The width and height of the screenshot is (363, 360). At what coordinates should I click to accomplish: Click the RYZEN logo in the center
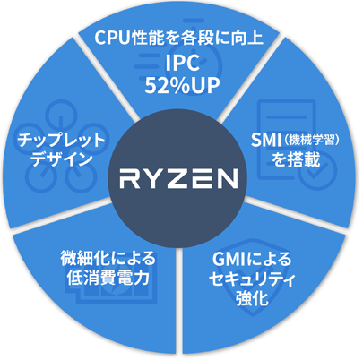178,179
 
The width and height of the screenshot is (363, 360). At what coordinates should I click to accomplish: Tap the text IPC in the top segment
182,63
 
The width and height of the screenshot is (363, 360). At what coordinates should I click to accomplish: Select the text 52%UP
182,85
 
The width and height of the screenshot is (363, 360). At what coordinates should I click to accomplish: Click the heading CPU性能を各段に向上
178,38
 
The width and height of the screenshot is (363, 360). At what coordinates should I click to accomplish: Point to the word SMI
265,140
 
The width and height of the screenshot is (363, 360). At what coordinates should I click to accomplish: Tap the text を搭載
296,159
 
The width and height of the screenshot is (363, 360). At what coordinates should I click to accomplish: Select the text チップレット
61,140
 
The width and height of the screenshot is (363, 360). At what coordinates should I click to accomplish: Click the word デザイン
61,159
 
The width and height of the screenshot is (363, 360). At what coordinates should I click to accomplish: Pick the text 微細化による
108,258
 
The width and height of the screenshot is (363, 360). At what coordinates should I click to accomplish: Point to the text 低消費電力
108,278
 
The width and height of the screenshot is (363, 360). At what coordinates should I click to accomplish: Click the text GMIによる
252,259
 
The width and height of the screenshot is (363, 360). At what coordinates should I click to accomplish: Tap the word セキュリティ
252,279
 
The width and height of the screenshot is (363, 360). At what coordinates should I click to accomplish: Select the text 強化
252,298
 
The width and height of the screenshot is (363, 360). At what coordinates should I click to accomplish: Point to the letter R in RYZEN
130,179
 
